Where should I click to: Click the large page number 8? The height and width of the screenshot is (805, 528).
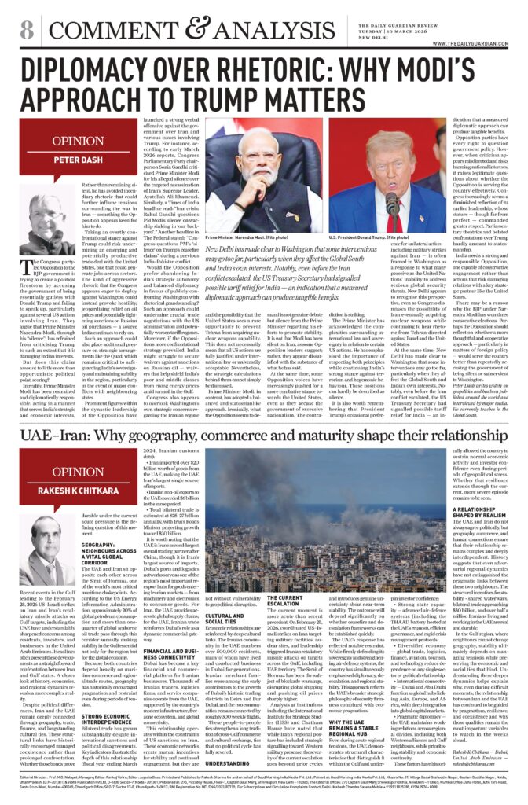tap(26, 30)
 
